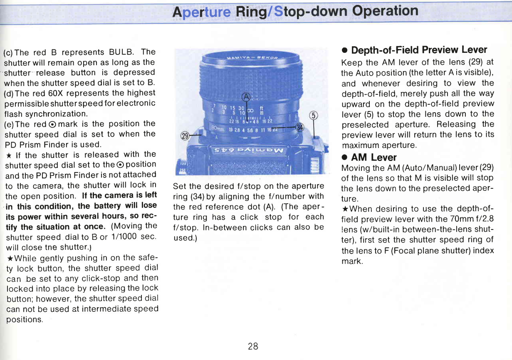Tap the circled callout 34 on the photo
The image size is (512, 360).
pyautogui.click(x=300, y=127)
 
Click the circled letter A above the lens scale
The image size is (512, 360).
pyautogui.click(x=246, y=97)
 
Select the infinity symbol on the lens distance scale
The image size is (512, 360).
pyautogui.click(x=250, y=111)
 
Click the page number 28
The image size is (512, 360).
pyautogui.click(x=253, y=346)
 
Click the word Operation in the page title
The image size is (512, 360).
pyautogui.click(x=385, y=11)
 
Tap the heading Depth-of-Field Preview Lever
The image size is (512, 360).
pyautogui.click(x=419, y=50)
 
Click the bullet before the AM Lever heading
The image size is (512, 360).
pyautogui.click(x=344, y=158)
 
